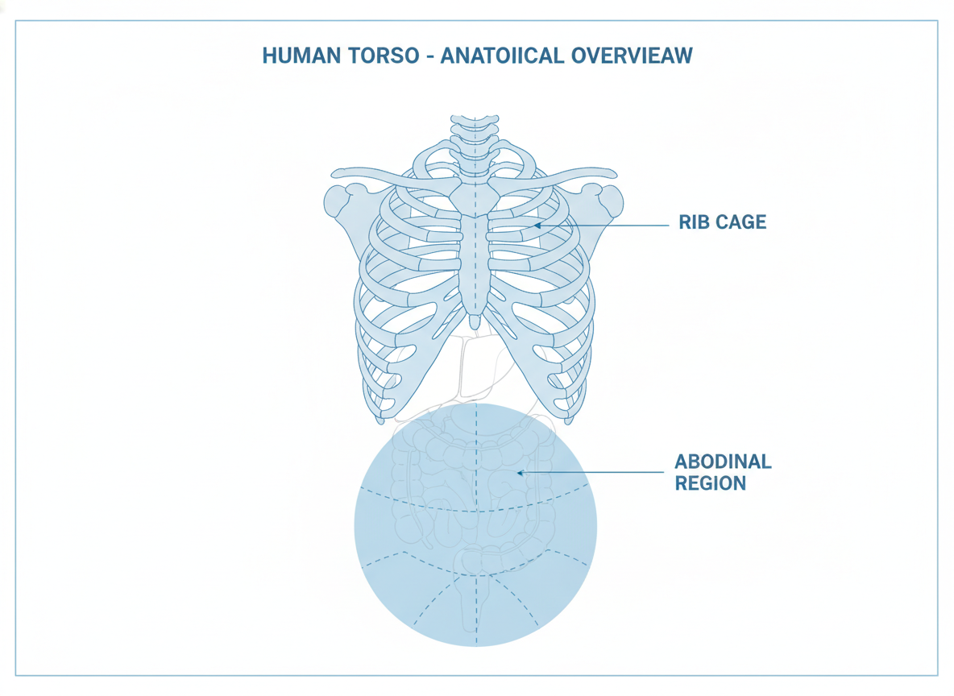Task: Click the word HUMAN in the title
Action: click(x=301, y=56)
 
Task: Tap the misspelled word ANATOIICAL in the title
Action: click(x=502, y=56)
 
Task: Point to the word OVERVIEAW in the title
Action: click(x=633, y=56)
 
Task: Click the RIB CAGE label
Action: click(x=722, y=222)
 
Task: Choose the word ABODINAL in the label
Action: click(x=723, y=462)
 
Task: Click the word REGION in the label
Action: click(x=710, y=483)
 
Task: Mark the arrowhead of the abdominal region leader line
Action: click(x=521, y=472)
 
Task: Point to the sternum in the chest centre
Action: click(x=474, y=255)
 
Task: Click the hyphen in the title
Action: click(x=429, y=56)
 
